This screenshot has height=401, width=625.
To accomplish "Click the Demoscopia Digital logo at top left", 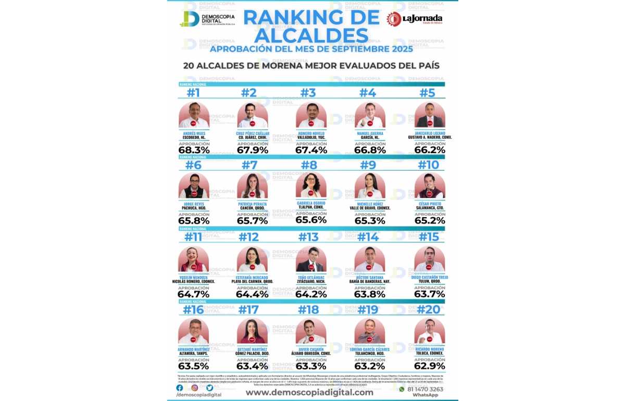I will (x=207, y=19).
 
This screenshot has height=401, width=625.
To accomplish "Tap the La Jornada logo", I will (x=414, y=19).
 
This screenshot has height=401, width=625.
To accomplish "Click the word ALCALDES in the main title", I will (x=311, y=35).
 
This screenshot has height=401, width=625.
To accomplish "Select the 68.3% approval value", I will (x=194, y=150).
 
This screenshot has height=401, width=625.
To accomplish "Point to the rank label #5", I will (x=427, y=93).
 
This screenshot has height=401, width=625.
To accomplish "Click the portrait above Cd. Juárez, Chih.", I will (x=253, y=115).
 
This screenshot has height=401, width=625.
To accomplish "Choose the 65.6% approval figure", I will (x=311, y=220).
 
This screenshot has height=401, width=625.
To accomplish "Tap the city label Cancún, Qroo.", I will (x=252, y=208).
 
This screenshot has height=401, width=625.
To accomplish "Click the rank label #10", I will (x=428, y=165).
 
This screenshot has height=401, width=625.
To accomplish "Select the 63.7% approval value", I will (x=430, y=294).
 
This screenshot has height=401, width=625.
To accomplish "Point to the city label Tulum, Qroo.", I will (x=430, y=281).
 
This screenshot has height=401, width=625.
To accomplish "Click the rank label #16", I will (x=193, y=309).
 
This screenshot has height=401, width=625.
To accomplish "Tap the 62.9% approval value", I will (x=430, y=366).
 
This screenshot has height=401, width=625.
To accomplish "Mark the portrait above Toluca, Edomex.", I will (x=430, y=331).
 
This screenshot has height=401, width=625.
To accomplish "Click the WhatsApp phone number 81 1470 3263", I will (x=425, y=389).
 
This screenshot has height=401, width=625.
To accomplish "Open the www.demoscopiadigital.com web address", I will (x=309, y=392).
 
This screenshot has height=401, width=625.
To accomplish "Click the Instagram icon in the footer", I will (x=194, y=387).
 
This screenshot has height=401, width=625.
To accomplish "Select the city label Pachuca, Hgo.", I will (x=194, y=208).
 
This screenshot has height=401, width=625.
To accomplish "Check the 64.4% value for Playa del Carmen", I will (x=252, y=294).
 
